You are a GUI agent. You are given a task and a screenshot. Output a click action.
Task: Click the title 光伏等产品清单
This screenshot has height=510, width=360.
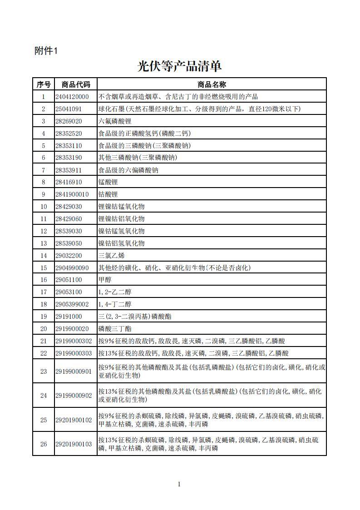click(x=179, y=66)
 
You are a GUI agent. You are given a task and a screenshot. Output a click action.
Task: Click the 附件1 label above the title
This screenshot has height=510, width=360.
click(x=46, y=51)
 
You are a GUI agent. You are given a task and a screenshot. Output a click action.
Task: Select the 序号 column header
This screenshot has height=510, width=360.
click(x=44, y=84)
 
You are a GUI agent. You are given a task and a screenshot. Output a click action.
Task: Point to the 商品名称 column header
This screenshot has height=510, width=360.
click(x=212, y=84)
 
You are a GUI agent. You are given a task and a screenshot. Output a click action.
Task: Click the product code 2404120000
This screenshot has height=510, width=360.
click(x=72, y=97)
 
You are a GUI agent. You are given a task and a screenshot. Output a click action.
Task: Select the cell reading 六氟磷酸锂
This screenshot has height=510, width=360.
click(x=111, y=121)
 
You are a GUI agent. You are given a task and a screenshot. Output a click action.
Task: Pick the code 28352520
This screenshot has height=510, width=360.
click(x=69, y=134)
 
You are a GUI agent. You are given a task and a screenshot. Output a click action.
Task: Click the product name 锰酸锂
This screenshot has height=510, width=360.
click(x=108, y=182)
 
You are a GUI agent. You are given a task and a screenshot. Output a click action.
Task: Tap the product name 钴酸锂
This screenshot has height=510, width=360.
click(x=108, y=194)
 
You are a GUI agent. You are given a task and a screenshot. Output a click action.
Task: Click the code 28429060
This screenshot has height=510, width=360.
click(x=69, y=219)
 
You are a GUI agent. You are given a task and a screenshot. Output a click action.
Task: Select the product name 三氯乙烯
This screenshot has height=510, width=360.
click(x=111, y=256)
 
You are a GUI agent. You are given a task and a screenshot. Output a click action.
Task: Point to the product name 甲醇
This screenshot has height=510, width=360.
click(x=105, y=280)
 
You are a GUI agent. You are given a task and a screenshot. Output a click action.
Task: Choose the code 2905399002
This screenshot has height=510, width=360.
click(x=72, y=304)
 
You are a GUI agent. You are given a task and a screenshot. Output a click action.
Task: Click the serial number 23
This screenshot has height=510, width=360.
click(x=44, y=371)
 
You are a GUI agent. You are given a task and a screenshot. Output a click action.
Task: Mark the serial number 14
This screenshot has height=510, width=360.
click(x=44, y=256)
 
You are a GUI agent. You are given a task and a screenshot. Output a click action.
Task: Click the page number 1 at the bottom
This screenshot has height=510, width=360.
click(x=179, y=484)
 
